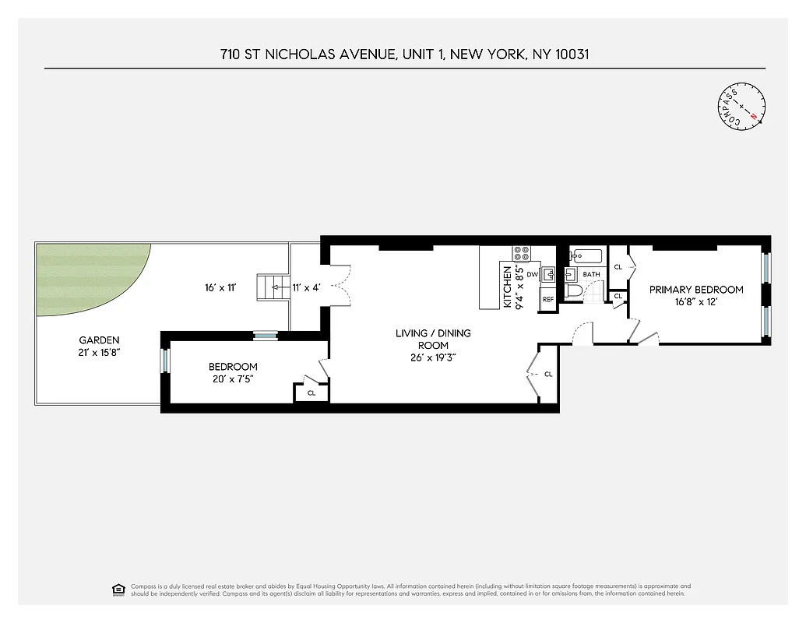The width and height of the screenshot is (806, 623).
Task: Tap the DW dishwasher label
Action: pyautogui.click(x=532, y=274)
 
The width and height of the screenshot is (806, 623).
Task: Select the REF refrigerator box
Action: pyautogui.click(x=547, y=299)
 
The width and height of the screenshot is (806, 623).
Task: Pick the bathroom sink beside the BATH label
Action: pyautogui.click(x=569, y=274)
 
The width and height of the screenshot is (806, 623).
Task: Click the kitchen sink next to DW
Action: pyautogui.click(x=547, y=274)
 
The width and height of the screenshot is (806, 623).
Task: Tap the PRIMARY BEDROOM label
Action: pyautogui.click(x=696, y=290)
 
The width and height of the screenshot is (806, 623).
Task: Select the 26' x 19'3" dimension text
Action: pyautogui.click(x=433, y=358)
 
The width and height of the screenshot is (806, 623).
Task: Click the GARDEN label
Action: pyautogui.click(x=99, y=340)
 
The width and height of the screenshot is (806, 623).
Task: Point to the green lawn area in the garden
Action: pyautogui.click(x=93, y=280)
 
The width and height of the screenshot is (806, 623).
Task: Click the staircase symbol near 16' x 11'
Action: pyautogui.click(x=272, y=287)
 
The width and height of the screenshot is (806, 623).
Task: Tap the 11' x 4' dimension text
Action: pyautogui.click(x=306, y=287)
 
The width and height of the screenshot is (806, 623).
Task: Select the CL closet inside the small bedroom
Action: pyautogui.click(x=311, y=392)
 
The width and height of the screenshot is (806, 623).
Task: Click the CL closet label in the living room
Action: pyautogui.click(x=548, y=375)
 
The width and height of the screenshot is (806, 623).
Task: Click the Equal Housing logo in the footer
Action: pyautogui.click(x=118, y=589)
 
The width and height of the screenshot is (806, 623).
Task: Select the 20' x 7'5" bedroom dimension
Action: pyautogui.click(x=232, y=379)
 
